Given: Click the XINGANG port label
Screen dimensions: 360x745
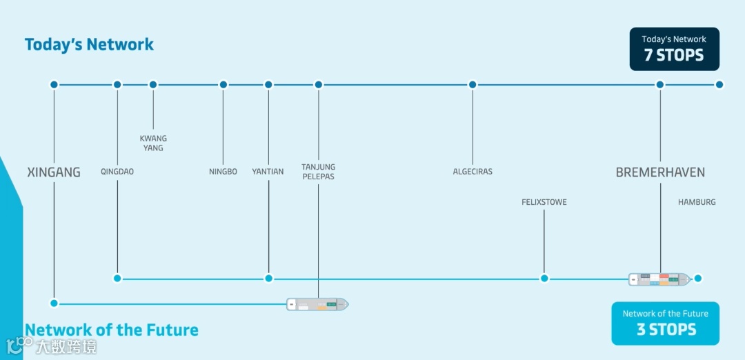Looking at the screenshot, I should [54, 172].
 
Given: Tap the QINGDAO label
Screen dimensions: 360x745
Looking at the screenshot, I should [117, 172].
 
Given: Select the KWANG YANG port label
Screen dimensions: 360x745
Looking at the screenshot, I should [153, 143].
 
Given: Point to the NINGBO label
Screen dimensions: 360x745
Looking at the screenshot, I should [223, 172].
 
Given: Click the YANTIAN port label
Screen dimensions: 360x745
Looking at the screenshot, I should [268, 172].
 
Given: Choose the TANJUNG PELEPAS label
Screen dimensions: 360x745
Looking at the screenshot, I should [318, 172].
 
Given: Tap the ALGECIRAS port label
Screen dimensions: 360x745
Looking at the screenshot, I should [473, 172].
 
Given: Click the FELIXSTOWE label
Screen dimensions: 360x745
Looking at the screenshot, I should [544, 203].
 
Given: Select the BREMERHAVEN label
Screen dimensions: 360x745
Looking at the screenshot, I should [660, 172].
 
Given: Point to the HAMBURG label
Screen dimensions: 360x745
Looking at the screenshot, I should [697, 203].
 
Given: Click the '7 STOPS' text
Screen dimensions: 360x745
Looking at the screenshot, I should [674, 56].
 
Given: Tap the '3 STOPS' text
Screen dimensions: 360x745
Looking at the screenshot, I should [666, 330].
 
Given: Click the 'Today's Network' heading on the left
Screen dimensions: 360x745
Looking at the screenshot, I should [89, 45].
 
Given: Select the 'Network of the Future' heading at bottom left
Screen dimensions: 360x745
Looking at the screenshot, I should [112, 330].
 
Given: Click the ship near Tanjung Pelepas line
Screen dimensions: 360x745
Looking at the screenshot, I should [318, 303].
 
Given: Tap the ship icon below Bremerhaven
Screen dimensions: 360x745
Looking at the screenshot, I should [659, 279].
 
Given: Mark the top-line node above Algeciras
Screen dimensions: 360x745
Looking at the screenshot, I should [473, 85].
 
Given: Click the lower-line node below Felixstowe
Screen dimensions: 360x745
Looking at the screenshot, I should [544, 279].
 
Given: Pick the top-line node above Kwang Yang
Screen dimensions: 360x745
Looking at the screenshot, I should [153, 85].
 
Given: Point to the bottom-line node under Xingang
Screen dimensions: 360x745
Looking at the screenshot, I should [54, 303].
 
